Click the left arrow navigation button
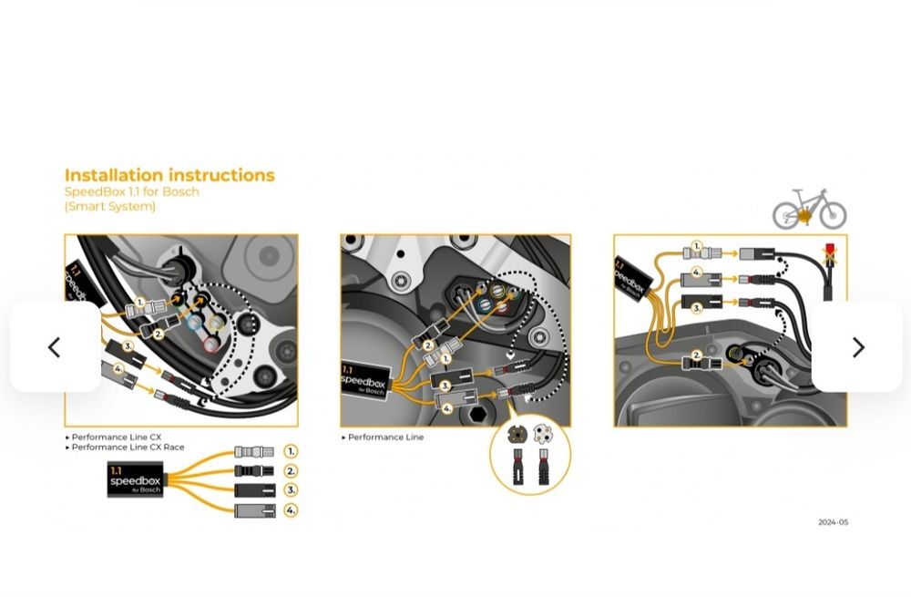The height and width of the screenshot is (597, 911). coord(54,347)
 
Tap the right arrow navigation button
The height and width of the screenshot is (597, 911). coord(857,347)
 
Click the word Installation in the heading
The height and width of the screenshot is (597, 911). coord(122,175)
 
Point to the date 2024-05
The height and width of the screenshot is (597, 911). coord(833,522)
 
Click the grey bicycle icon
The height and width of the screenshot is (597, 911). coord(809,210)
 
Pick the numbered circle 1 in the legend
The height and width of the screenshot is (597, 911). coord(291,451)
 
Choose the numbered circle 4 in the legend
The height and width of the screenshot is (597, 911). coord(291,510)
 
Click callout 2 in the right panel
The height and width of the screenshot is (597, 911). coord(696,355)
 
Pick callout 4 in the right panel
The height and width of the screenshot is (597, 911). coord(696,272)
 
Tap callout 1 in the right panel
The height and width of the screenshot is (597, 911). coord(696,246)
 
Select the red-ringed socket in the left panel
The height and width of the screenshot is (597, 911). coord(210,343)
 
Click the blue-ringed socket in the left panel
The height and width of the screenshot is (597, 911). coord(194,322)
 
